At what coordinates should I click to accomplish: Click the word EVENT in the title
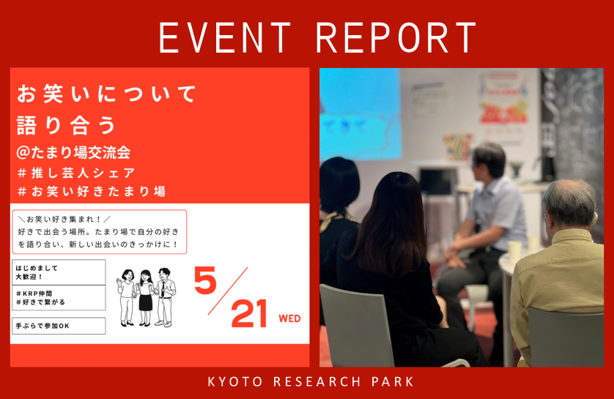224,37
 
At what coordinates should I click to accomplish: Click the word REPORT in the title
396,37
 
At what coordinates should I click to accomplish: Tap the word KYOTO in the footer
235,381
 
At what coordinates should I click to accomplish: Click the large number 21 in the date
249,313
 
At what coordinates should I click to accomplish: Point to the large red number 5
206,280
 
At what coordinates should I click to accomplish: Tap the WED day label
289,318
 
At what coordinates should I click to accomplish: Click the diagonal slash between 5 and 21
228,291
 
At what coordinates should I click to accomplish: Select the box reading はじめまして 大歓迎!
59,272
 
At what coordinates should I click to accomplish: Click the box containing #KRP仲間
59,298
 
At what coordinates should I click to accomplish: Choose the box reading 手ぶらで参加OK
59,326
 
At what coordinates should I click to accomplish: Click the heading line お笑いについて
106,94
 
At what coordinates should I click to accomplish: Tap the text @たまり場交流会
73,152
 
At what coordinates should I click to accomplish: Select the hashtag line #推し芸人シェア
77,173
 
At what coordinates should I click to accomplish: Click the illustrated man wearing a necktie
164,297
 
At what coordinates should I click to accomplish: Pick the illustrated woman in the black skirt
145,298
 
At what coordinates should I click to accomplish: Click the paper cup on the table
514,250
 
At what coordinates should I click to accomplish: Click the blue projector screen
360,114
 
